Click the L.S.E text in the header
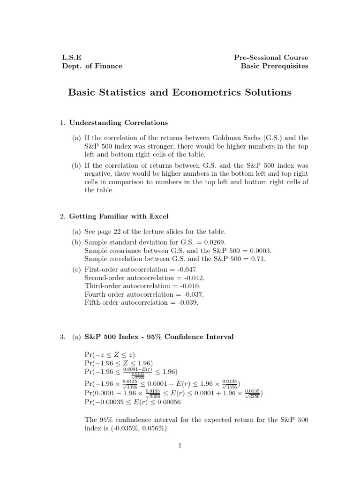71,58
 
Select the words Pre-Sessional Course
271,58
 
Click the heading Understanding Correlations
118,123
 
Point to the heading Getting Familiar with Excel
119,217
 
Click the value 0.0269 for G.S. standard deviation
214,242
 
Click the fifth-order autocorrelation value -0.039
187,303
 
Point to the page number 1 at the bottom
180,445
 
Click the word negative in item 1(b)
98,173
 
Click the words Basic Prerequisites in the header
275,66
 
